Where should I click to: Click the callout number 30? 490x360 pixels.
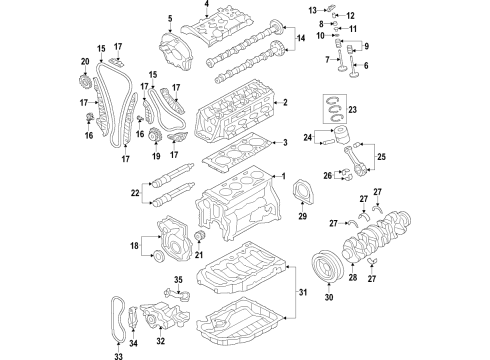click(329, 297)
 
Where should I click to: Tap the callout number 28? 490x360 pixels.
click(353, 277)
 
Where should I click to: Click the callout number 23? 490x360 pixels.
click(352, 109)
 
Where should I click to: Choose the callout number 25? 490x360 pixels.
click(381, 156)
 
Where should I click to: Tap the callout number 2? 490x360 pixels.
click(285, 102)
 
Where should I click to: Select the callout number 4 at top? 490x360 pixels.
click(207, 4)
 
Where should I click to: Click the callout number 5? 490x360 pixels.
click(170, 18)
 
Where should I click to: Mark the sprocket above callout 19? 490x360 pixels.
click(155, 136)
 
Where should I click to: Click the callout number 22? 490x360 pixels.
click(135, 193)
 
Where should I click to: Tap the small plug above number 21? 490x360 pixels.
click(199, 236)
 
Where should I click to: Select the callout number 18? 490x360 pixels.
click(134, 246)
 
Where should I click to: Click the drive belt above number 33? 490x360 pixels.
click(118, 319)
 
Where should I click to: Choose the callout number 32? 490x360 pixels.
click(161, 341)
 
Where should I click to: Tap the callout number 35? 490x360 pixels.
click(178, 279)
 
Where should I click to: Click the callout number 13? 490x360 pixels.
click(312, 11)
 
